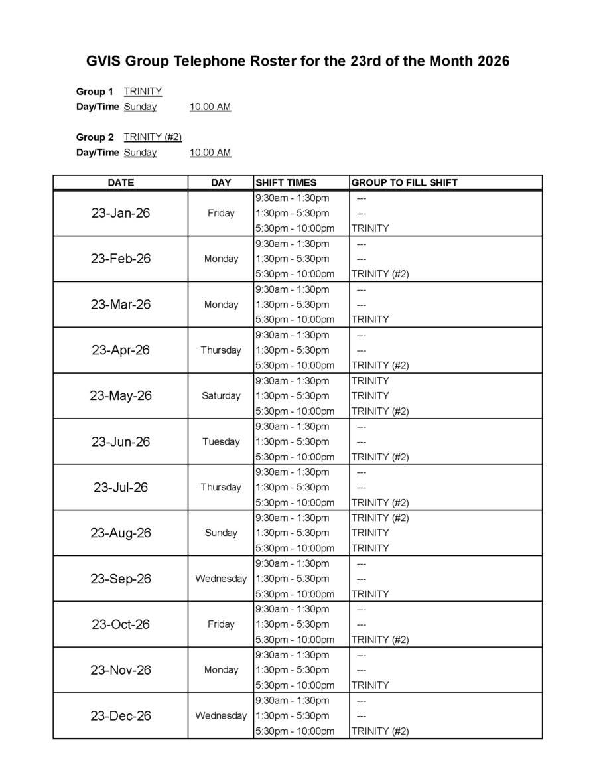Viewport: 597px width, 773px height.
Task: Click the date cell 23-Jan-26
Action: click(121, 213)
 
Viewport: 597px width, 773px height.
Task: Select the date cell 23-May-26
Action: click(121, 396)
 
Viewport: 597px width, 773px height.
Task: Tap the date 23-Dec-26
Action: click(121, 716)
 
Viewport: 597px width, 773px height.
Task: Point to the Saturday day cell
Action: click(221, 396)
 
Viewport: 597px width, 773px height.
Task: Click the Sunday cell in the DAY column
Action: click(221, 533)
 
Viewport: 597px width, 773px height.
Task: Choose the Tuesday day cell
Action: click(221, 442)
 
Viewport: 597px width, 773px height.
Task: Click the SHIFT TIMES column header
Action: click(286, 182)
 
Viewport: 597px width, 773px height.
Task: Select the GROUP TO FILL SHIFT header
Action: click(404, 182)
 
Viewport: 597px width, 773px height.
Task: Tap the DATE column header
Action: click(121, 182)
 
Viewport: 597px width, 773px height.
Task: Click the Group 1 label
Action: click(95, 92)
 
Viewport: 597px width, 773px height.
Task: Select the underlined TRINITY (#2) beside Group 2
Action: click(153, 137)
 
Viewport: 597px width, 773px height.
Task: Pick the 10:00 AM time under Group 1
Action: click(210, 107)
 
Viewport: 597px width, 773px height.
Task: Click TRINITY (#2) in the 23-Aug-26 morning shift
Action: click(380, 518)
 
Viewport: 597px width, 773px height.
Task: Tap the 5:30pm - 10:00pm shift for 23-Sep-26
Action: click(295, 594)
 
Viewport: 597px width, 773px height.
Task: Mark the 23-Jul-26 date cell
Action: click(121, 488)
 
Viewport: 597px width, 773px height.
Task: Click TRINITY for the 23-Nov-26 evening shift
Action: click(370, 685)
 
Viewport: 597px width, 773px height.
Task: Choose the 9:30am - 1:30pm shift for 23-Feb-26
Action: click(292, 244)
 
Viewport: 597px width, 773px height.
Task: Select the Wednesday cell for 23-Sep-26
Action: click(221, 579)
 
